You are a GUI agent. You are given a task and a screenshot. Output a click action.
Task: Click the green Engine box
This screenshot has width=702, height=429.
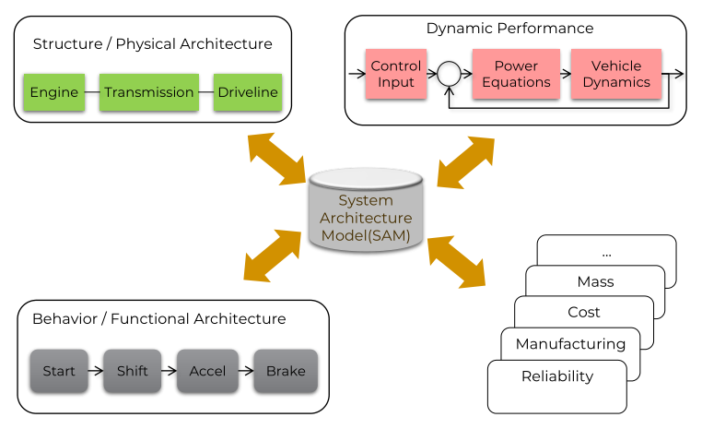click(x=53, y=92)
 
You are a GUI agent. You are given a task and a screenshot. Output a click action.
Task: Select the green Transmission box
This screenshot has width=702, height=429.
click(x=148, y=92)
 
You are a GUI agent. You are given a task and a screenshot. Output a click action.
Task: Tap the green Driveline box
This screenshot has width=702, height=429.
click(x=248, y=92)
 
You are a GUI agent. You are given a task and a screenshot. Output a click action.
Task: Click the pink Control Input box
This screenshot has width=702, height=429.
click(x=395, y=74)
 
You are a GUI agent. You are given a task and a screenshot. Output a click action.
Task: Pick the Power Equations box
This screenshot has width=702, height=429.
click(x=516, y=74)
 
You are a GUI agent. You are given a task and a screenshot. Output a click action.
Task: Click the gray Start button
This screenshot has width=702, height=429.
click(x=59, y=372)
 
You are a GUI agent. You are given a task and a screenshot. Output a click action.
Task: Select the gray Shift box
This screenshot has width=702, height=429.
click(x=132, y=372)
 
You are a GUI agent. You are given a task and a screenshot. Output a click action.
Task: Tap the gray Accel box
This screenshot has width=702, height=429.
click(x=206, y=372)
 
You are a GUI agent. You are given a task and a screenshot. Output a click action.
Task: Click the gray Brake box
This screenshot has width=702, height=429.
click(x=286, y=372)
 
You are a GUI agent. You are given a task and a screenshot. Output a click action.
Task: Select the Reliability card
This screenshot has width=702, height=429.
click(x=556, y=376)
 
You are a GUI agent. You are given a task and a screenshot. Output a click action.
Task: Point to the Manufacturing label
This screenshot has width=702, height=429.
click(x=570, y=344)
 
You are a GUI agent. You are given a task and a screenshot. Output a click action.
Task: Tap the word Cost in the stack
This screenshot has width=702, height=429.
click(x=583, y=313)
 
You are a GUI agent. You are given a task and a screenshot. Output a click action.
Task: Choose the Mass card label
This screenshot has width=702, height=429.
click(x=595, y=281)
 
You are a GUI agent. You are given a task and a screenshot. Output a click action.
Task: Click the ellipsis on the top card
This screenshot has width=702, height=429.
click(x=605, y=252)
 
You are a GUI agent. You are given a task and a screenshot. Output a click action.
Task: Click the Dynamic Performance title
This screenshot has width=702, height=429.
click(x=509, y=29)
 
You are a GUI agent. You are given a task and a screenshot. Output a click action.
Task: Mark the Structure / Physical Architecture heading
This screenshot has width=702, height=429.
click(x=152, y=44)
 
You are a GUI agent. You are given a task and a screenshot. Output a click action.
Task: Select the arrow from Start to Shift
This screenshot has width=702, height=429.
click(x=95, y=372)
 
